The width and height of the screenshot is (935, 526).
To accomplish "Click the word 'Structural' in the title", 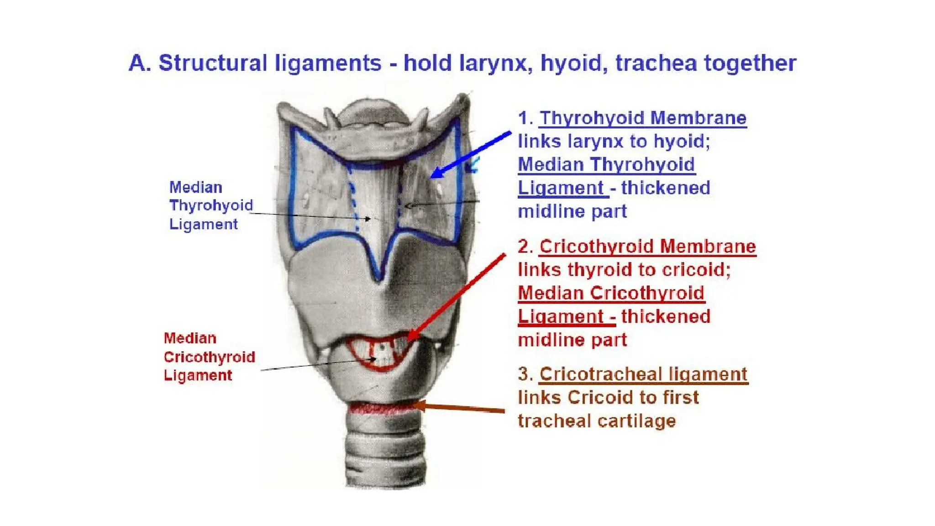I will point(212,63).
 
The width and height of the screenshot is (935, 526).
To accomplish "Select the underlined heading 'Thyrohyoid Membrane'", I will point(643,118).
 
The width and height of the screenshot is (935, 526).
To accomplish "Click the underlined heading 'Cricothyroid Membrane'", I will point(647,247).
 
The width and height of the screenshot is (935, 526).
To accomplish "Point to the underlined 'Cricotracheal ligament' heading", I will point(643,374).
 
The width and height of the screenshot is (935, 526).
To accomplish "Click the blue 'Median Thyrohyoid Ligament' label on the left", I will point(210,205).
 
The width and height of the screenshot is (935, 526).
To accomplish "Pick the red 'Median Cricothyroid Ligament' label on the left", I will point(209,357).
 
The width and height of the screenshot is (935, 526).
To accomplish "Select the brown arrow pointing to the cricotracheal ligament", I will point(461,408).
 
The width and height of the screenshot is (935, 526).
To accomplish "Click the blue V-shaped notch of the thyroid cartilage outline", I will point(378,272).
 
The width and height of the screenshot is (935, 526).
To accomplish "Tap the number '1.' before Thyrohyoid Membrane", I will point(525,118).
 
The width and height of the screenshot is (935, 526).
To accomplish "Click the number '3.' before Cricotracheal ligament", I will point(525,374).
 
